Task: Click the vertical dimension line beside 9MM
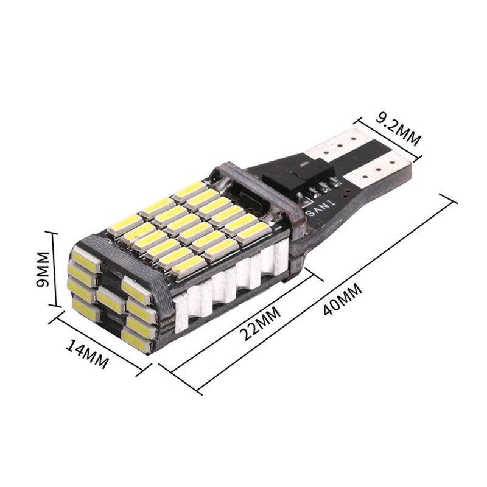pyautogui.click(x=54, y=268)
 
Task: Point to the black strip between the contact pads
pyautogui.click(x=359, y=155)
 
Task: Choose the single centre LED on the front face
pyautogui.click(x=110, y=299)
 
